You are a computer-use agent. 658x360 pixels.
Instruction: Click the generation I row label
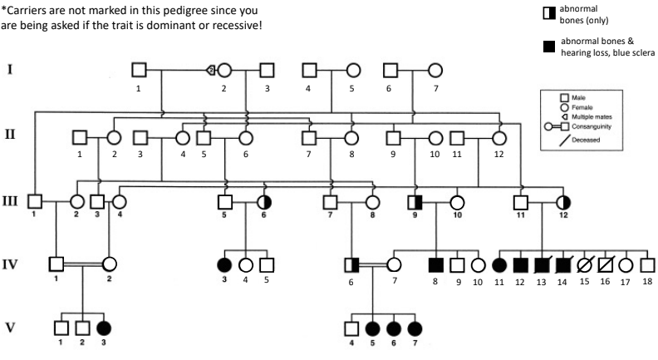(10, 70)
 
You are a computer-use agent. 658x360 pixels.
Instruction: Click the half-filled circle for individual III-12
(563, 201)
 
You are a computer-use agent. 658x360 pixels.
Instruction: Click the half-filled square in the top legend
(546, 11)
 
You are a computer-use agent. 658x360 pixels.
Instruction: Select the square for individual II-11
(457, 137)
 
